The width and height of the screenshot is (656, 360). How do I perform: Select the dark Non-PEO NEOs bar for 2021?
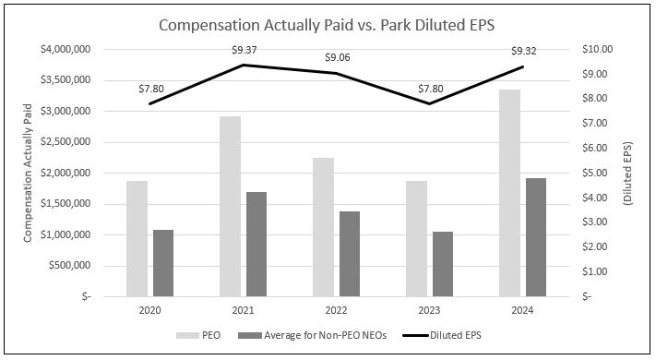256,245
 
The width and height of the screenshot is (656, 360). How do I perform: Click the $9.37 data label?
244,52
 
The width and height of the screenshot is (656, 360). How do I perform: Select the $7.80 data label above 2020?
150,89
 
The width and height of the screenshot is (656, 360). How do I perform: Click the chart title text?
328,25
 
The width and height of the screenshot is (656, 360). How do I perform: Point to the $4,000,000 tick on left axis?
65,49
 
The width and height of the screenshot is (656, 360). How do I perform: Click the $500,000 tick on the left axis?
70,266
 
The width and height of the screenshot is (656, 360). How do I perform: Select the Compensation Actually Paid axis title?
30,173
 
